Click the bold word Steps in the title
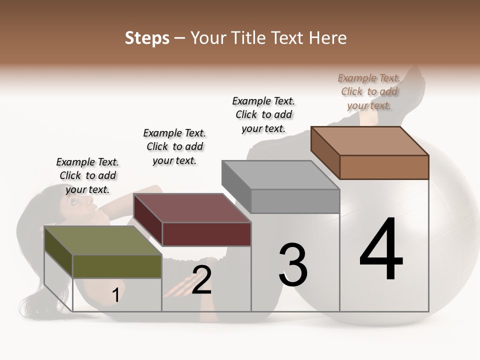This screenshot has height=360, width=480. (147, 38)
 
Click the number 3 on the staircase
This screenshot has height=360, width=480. (292, 265)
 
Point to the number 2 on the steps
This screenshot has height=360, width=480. (201, 280)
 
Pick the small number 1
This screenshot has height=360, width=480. (115, 295)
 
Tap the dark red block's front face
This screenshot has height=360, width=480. (206, 234)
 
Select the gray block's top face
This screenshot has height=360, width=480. (280, 175)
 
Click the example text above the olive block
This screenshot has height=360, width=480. (87, 175)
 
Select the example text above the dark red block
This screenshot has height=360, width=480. (174, 146)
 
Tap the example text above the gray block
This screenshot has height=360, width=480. (263, 114)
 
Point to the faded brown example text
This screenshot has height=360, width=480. (369, 91)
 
